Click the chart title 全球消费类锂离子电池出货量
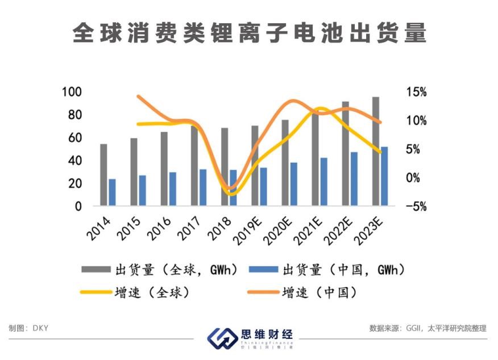tap(249, 34)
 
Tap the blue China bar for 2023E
tap(385, 176)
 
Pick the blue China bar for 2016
tap(173, 189)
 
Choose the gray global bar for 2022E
tap(345, 154)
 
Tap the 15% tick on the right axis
tap(417, 92)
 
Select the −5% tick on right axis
tap(417, 206)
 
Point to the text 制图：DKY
tap(29, 328)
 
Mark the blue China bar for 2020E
tap(294, 184)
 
